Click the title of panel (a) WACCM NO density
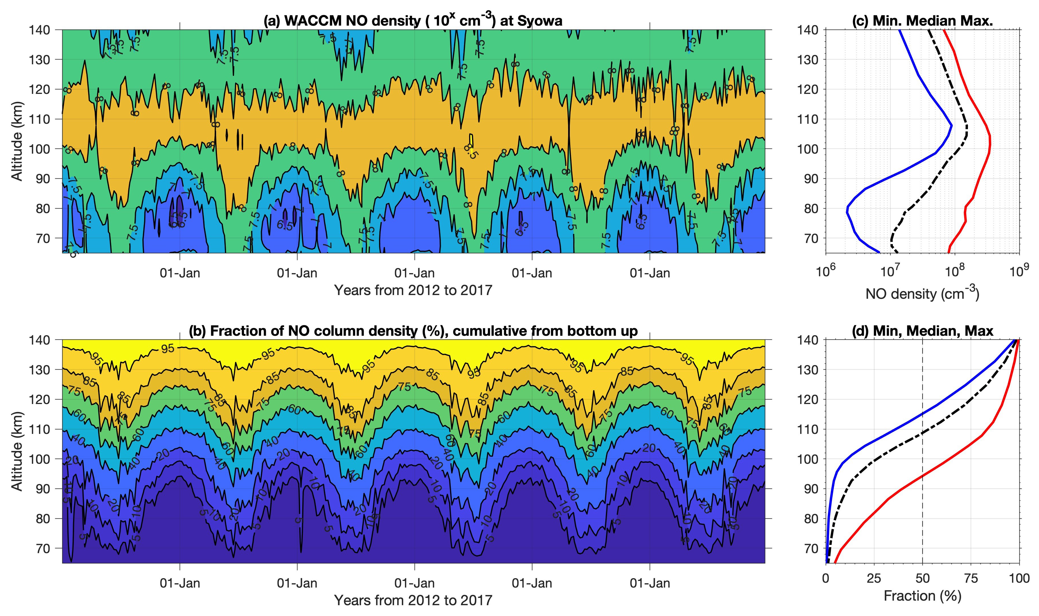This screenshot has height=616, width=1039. click(413, 20)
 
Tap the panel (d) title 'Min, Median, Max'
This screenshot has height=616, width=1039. click(922, 331)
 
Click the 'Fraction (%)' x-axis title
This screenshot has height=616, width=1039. click(922, 596)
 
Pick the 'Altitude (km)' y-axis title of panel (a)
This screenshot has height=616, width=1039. click(16, 141)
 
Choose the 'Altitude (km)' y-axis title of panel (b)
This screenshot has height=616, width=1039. click(16, 451)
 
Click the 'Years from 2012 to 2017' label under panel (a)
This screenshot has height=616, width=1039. click(413, 290)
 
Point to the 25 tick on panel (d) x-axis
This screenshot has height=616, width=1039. click(874, 578)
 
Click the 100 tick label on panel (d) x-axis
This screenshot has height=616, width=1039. click(1019, 578)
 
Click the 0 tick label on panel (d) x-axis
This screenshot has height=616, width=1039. click(826, 578)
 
